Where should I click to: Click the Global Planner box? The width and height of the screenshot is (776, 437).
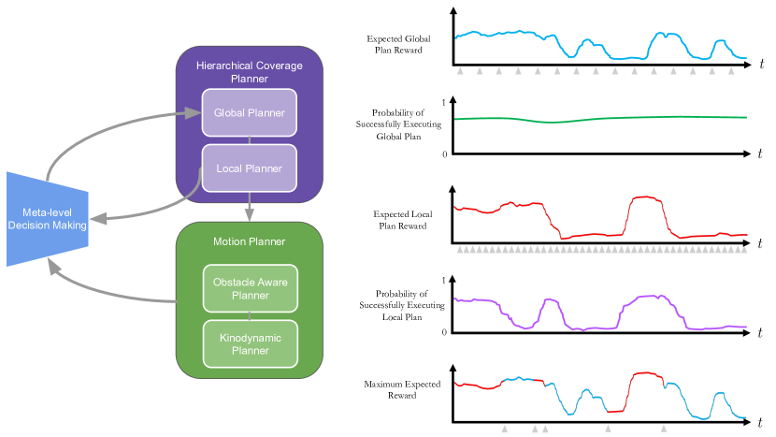coord(250,113)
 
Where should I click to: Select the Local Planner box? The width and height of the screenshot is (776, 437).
coord(250,168)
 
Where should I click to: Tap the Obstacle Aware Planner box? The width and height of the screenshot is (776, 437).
coord(250,289)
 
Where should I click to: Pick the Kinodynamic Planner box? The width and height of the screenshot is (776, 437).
coord(250,343)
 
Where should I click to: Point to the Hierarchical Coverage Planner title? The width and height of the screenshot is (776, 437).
coord(250,72)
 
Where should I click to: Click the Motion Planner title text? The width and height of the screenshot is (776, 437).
coord(250,242)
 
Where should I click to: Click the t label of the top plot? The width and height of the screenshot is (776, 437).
coord(762,64)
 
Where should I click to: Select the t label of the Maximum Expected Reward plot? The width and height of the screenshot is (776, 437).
coord(762,420)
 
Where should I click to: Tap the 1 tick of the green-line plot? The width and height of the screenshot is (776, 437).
coord(443,101)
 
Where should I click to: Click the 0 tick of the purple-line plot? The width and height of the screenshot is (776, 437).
coord(443,332)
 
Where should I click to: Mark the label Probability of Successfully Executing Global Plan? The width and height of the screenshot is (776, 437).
coord(391,124)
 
